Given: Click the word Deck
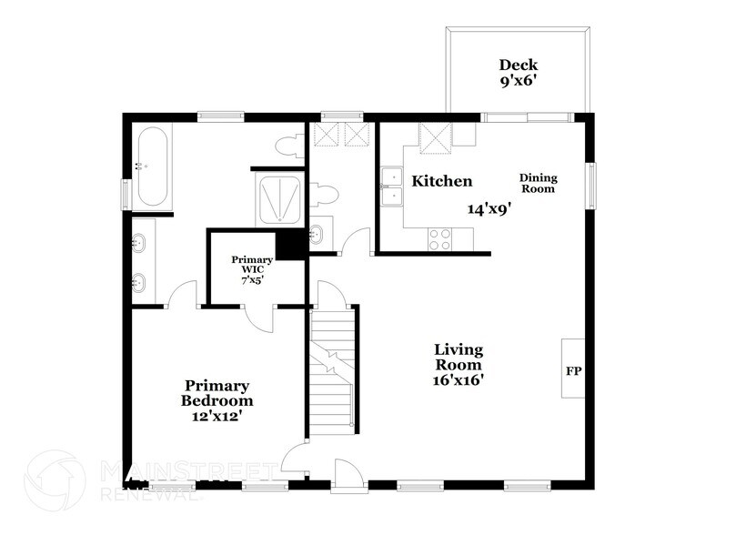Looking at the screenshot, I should (x=518, y=65).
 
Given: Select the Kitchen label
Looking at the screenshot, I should (x=442, y=181).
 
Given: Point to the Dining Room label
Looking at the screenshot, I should (x=538, y=183).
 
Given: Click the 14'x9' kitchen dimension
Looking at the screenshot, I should (x=489, y=208).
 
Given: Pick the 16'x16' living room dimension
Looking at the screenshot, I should (x=458, y=380).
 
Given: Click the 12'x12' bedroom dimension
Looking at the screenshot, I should (x=217, y=416).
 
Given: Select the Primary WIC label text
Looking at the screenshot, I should (x=252, y=264).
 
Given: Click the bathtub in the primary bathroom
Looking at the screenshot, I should (x=151, y=167).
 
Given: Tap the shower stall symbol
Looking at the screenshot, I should (x=279, y=199).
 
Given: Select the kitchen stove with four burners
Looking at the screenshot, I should (x=440, y=239).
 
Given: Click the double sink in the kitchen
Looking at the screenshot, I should (x=393, y=187).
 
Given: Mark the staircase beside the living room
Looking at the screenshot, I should (x=331, y=373).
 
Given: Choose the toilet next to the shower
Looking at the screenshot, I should (x=323, y=193).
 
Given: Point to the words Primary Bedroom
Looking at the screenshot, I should (x=217, y=393).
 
